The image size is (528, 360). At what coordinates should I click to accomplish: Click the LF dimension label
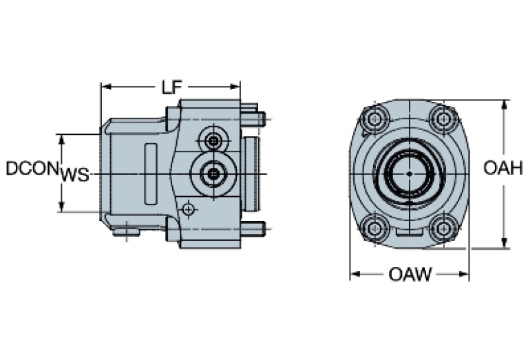[171, 87]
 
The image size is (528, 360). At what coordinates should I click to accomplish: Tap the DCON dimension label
[31, 168]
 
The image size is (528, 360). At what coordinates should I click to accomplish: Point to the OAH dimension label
[503, 168]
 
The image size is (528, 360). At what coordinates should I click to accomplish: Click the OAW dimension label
[410, 275]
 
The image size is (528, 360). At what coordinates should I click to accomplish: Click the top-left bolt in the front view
[375, 120]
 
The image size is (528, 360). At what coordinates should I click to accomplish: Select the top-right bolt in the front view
[444, 120]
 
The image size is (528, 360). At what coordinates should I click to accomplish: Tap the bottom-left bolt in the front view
[375, 226]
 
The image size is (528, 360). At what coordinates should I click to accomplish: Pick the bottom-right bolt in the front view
[444, 226]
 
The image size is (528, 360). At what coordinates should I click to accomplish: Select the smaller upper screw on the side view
[215, 141]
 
